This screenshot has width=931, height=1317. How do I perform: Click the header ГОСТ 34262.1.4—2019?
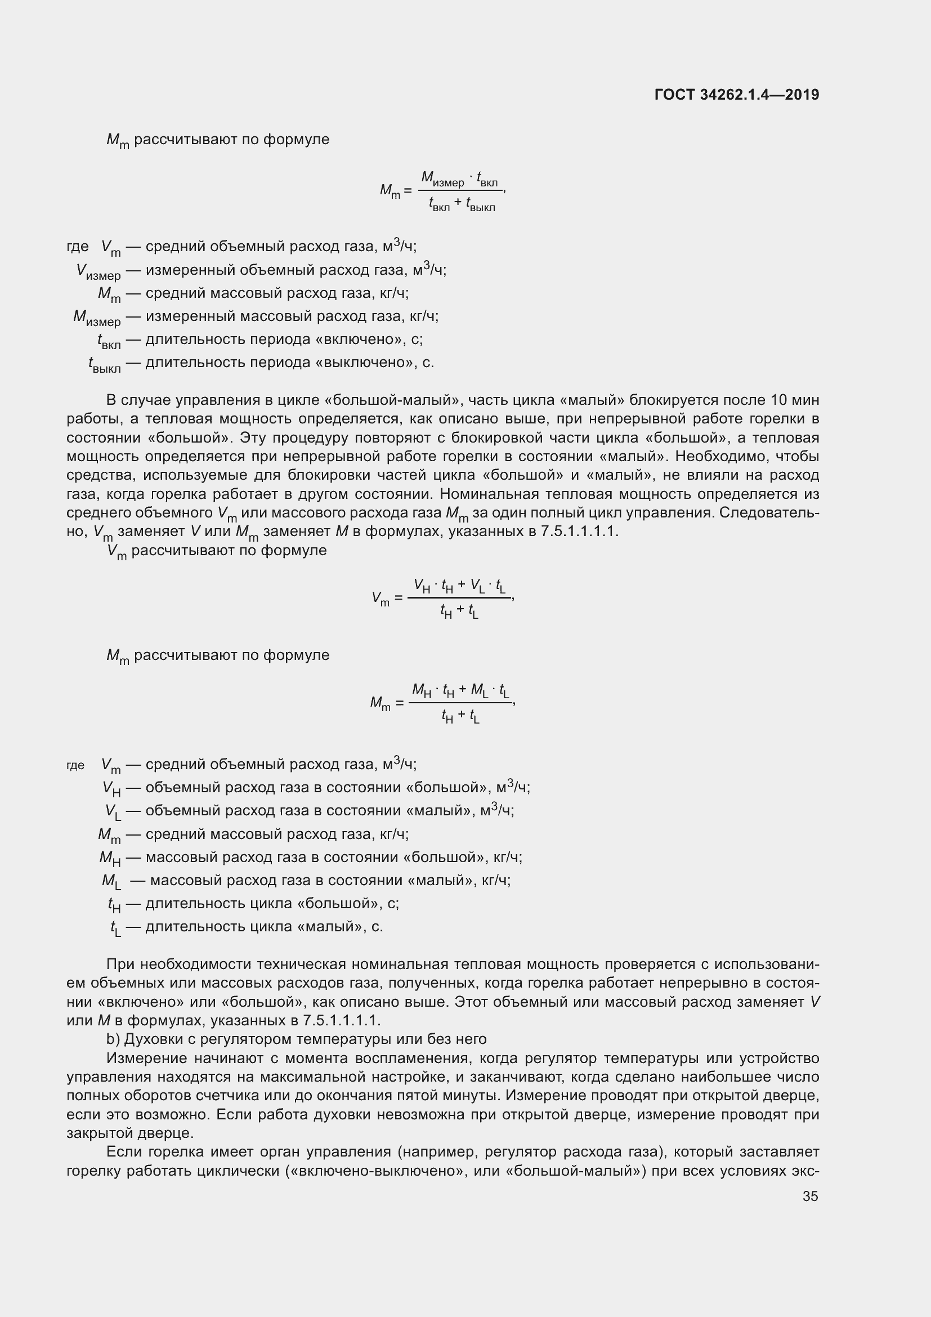click(736, 95)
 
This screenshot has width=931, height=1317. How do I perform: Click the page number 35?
click(810, 1196)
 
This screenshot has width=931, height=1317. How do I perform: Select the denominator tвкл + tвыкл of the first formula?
click(462, 204)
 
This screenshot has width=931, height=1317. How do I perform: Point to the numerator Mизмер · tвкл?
click(460, 179)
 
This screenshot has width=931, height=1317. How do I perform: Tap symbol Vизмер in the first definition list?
click(98, 271)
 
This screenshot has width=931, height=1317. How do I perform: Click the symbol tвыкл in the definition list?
click(104, 364)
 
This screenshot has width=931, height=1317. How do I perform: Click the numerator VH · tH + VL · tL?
click(460, 586)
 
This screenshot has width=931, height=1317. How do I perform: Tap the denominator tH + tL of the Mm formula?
click(460, 716)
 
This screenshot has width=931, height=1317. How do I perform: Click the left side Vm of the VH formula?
click(380, 599)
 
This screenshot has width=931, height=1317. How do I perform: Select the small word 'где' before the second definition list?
click(75, 765)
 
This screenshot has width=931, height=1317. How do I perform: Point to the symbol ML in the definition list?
click(111, 881)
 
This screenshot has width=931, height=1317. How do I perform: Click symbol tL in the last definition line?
click(115, 927)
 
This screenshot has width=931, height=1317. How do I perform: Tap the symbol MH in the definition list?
click(110, 858)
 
